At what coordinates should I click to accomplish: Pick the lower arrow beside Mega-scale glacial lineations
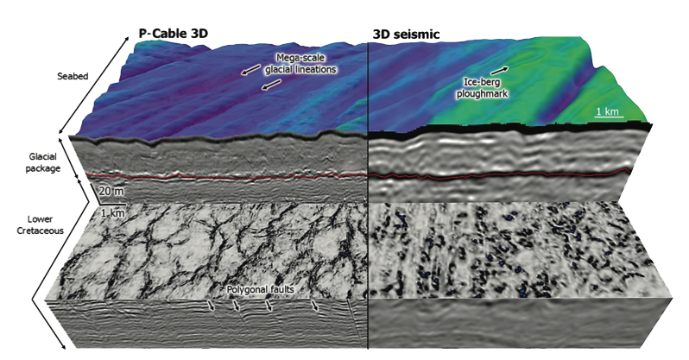(270, 85)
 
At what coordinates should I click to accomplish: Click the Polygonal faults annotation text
(262, 291)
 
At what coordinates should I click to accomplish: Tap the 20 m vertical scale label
(111, 189)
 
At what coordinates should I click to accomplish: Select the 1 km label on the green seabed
(609, 113)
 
